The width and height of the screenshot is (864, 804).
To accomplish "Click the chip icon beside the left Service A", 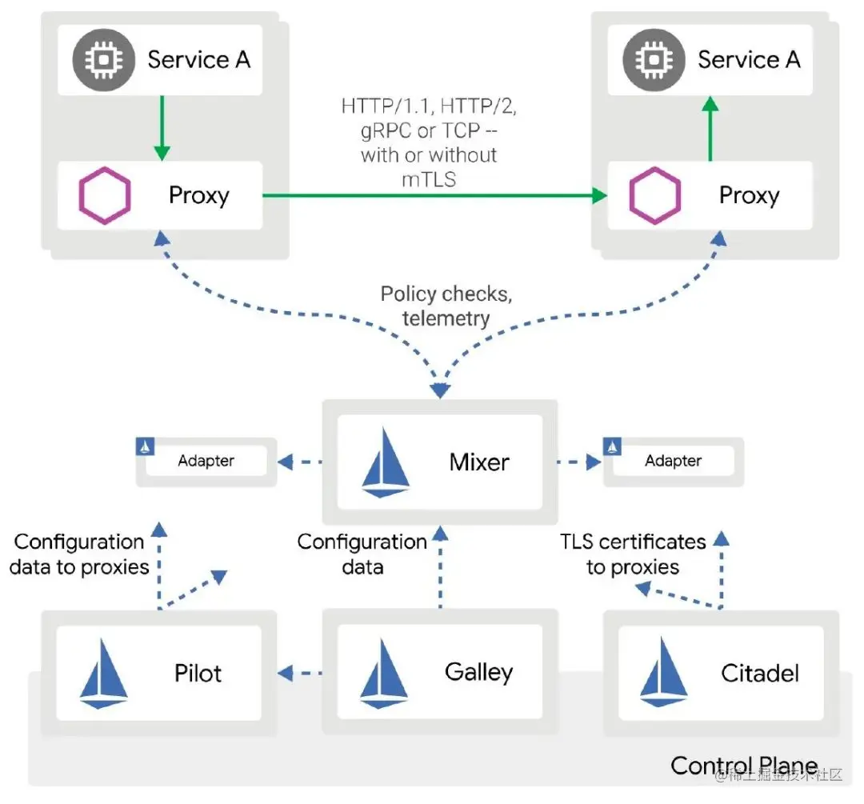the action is (103, 59).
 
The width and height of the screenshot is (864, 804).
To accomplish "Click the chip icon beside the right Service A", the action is (654, 59).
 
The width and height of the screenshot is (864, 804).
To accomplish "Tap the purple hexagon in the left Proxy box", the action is (105, 195).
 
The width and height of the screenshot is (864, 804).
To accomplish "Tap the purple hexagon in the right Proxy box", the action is (654, 195).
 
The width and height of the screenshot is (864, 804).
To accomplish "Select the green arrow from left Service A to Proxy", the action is (162, 128).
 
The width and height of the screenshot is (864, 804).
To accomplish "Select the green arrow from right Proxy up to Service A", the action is (710, 128).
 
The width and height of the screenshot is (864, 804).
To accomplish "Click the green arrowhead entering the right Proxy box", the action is (599, 195).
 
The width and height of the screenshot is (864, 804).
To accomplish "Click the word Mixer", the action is (479, 462).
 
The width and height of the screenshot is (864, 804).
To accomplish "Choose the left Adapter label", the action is (206, 460).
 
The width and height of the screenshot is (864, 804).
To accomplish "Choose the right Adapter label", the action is (674, 460).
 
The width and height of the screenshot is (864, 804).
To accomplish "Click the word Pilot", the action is (198, 673).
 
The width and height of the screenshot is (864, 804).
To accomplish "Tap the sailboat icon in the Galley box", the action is (384, 673).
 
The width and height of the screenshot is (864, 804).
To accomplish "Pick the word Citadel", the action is (760, 673).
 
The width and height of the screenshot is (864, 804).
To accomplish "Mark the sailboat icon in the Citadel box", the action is (663, 672).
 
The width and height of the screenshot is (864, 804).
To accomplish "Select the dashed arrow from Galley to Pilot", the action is (300, 673).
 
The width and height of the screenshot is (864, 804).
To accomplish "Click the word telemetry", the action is (446, 318).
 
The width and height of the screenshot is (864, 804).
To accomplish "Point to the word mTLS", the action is (429, 180).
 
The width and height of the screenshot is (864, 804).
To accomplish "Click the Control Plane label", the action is (745, 765).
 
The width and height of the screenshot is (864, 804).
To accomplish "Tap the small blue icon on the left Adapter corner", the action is (145, 446).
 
